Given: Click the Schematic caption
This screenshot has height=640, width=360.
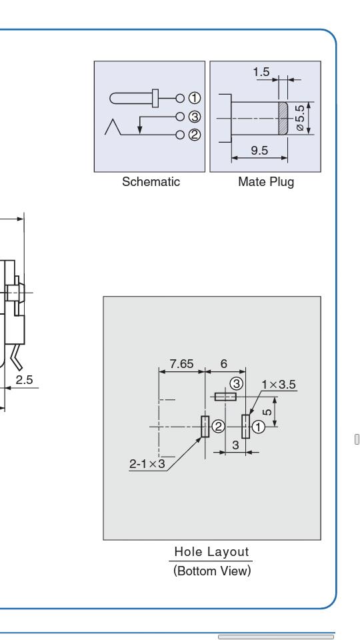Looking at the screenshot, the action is pos(151,181).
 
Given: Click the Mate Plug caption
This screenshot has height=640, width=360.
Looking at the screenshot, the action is pos(266,181).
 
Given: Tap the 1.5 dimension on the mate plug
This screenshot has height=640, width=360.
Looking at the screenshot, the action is pos(261,72).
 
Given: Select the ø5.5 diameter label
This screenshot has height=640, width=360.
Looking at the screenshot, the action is pos(300,118).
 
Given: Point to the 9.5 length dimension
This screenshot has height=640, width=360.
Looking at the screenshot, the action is pos(259,151).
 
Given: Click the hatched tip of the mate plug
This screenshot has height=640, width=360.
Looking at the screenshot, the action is pos(283,118).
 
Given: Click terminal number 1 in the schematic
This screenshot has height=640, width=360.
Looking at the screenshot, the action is pos(195,99).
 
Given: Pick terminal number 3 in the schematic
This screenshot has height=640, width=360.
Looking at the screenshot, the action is pos(195,117).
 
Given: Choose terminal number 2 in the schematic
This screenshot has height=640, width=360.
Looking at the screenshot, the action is pos(195,135).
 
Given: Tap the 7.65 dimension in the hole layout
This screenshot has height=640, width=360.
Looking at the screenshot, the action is pos(181,364).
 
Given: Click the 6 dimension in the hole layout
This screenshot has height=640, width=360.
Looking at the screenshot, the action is pos(224,364).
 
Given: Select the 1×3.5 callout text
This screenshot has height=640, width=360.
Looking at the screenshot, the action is pos(279,385).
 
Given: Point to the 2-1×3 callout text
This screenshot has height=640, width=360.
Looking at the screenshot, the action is pos(147,464).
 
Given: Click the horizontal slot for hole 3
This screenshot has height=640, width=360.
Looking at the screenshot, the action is pos(226,396).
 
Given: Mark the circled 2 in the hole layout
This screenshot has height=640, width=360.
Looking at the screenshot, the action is pos(219,427).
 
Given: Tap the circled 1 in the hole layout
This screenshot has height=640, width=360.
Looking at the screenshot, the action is pos(259,427).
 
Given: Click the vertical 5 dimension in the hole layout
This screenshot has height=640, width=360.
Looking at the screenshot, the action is pos(268,411).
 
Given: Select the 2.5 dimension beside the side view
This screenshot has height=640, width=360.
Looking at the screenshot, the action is pos(24,380).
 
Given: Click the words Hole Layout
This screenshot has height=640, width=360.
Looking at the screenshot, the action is pos(211,552).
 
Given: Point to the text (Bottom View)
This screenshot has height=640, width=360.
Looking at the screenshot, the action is pos(212,571).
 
